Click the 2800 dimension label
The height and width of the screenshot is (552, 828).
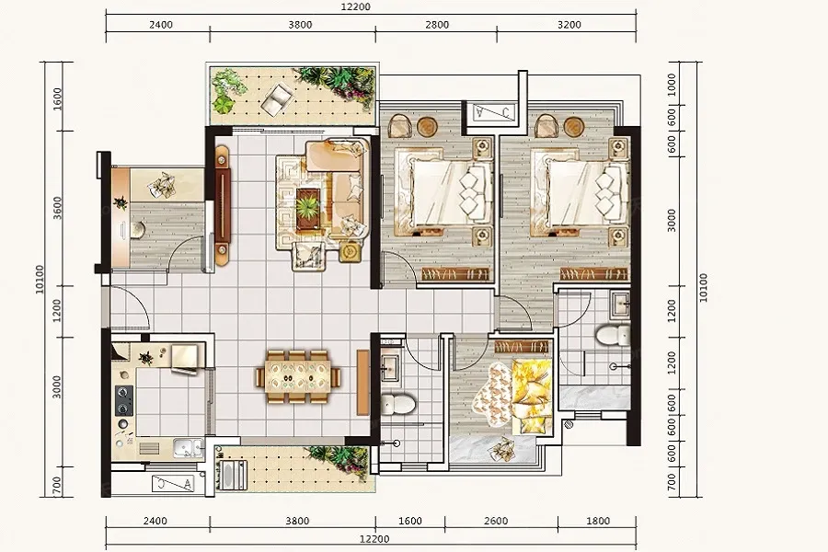[437, 24]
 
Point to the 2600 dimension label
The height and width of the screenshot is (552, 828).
[496, 521]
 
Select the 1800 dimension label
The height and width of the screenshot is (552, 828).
[598, 521]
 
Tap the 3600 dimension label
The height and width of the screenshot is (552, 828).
[58, 208]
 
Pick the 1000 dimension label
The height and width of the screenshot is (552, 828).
[672, 85]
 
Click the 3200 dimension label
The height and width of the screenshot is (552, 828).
[569, 24]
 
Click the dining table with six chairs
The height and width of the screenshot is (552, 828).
[298, 377]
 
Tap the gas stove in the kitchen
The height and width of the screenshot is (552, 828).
[124, 400]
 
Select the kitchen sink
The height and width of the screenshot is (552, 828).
[188, 448]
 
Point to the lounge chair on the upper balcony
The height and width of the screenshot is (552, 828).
[277, 100]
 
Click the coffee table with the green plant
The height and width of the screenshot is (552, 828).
[307, 209]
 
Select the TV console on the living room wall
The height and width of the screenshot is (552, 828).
[223, 206]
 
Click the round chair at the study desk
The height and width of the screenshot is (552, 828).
[138, 230]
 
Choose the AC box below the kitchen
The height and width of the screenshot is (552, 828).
[173, 483]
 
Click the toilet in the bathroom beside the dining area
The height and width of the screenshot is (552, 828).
[397, 403]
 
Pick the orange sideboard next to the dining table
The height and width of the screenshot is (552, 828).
[362, 382]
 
